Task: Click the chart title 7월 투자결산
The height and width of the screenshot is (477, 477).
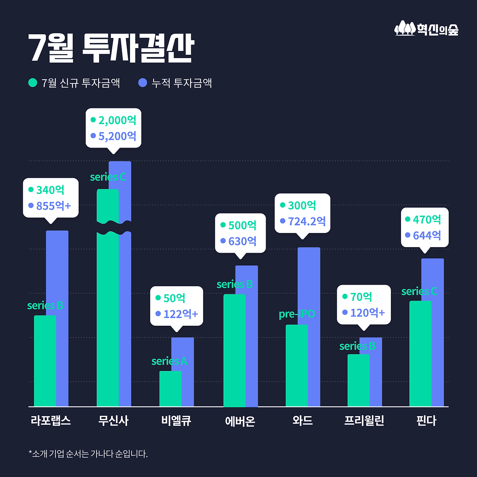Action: click(x=111, y=48)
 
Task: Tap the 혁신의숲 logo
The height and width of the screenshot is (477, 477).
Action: click(x=426, y=29)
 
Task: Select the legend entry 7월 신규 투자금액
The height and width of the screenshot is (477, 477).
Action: click(x=75, y=83)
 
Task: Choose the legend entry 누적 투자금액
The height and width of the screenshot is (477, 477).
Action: click(x=175, y=83)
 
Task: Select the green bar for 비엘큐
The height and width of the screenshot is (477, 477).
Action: click(x=170, y=389)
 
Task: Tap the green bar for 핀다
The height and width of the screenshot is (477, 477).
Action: click(x=420, y=354)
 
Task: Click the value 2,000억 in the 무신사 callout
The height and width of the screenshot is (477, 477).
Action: click(x=117, y=120)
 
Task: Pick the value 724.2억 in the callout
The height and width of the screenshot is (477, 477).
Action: click(x=306, y=221)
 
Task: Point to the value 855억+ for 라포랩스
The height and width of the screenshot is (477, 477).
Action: click(x=53, y=206)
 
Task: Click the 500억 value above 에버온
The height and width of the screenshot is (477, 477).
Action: click(x=242, y=225)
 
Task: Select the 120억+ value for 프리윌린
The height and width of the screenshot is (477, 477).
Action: click(x=367, y=313)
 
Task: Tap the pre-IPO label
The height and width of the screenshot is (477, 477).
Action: click(x=297, y=314)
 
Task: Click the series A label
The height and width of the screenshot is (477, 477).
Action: click(x=169, y=361)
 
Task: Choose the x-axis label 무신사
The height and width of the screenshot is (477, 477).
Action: click(x=113, y=421)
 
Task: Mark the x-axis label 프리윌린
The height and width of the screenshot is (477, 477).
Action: click(x=364, y=421)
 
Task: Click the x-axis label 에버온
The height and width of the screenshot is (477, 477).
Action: click(x=240, y=421)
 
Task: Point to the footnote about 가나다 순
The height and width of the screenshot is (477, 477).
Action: click(x=88, y=454)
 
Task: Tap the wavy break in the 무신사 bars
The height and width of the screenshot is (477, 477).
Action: click(x=114, y=228)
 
